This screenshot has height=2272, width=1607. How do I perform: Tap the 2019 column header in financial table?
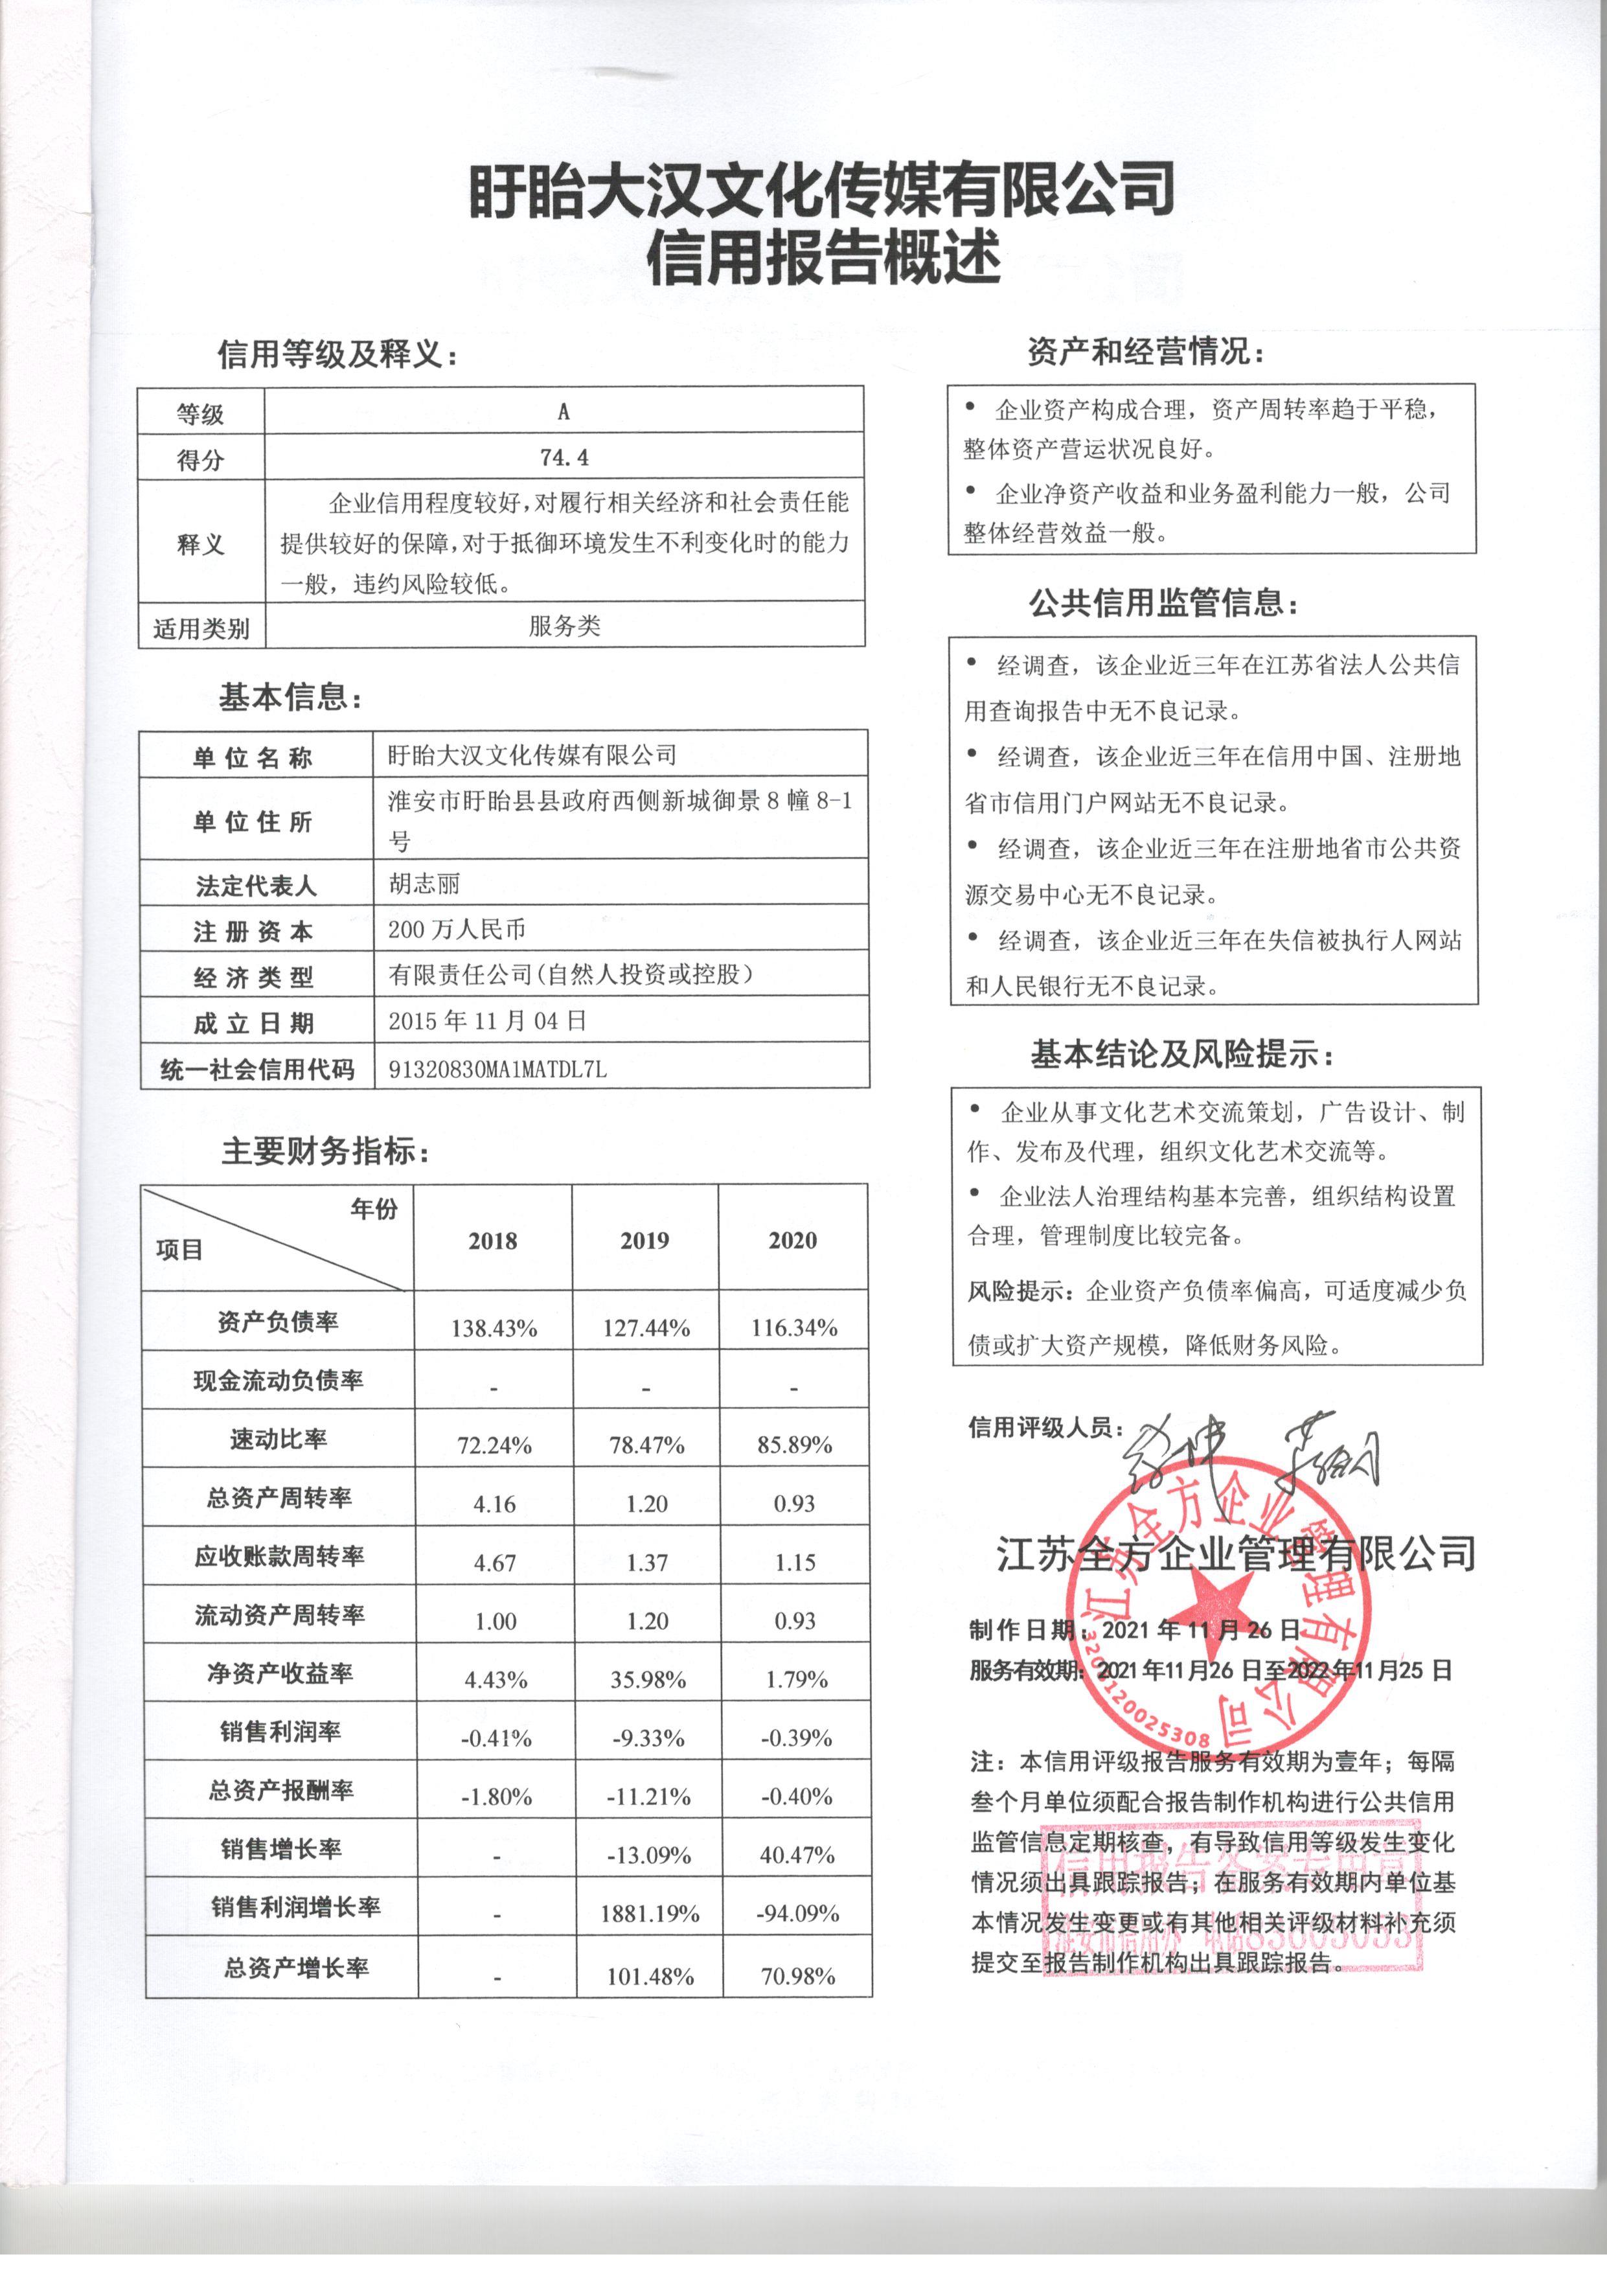point(644,1240)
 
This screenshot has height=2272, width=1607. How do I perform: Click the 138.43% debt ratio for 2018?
point(494,1328)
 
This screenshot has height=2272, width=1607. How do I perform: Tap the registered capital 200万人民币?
point(456,929)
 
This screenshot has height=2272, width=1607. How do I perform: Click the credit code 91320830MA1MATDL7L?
point(497,1069)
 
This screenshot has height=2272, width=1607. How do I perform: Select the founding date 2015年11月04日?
point(487,1020)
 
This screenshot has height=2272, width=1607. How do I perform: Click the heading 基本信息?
point(290,698)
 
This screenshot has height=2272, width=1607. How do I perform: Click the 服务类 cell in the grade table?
point(564,625)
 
